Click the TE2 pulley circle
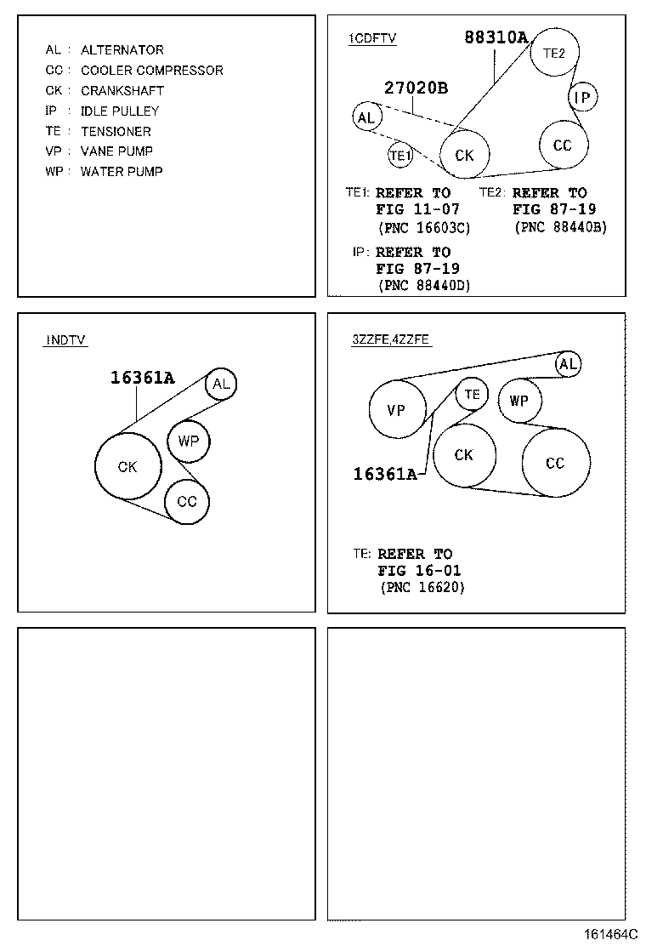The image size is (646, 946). [554, 53]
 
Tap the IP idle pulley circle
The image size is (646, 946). [582, 98]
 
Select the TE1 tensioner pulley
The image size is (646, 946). [400, 156]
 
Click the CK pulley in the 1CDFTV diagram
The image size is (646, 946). [464, 156]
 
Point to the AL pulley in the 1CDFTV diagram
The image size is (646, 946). [366, 117]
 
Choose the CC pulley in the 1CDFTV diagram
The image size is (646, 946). [563, 145]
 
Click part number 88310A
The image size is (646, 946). [496, 37]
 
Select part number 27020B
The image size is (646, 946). [416, 88]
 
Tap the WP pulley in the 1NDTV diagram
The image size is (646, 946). [188, 442]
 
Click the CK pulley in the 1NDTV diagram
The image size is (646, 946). [127, 466]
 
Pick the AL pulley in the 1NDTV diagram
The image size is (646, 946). [221, 384]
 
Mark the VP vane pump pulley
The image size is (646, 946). [396, 410]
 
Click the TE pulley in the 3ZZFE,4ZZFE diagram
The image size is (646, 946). [472, 394]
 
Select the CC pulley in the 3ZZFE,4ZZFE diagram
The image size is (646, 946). [555, 464]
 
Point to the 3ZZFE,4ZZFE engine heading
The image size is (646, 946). [391, 339]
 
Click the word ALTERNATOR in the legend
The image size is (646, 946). [122, 50]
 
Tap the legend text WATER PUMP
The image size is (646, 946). [122, 171]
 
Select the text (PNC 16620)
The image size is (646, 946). [422, 587]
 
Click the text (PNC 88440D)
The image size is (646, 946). [423, 286]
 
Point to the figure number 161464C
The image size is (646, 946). [609, 933]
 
